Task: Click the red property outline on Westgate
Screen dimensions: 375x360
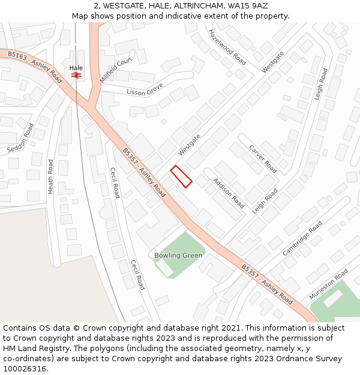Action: pos(181,176)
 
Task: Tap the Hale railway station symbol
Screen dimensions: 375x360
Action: pos(76,76)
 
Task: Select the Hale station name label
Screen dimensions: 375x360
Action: pos(76,68)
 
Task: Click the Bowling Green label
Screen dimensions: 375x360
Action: pos(178,256)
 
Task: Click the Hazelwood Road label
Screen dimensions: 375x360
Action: pos(227,47)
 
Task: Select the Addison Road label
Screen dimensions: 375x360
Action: pos(229,193)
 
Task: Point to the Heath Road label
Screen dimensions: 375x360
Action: pos(50,176)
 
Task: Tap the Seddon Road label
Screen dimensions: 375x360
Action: pos(21,139)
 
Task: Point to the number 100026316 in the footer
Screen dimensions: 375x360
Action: pos(25,369)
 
